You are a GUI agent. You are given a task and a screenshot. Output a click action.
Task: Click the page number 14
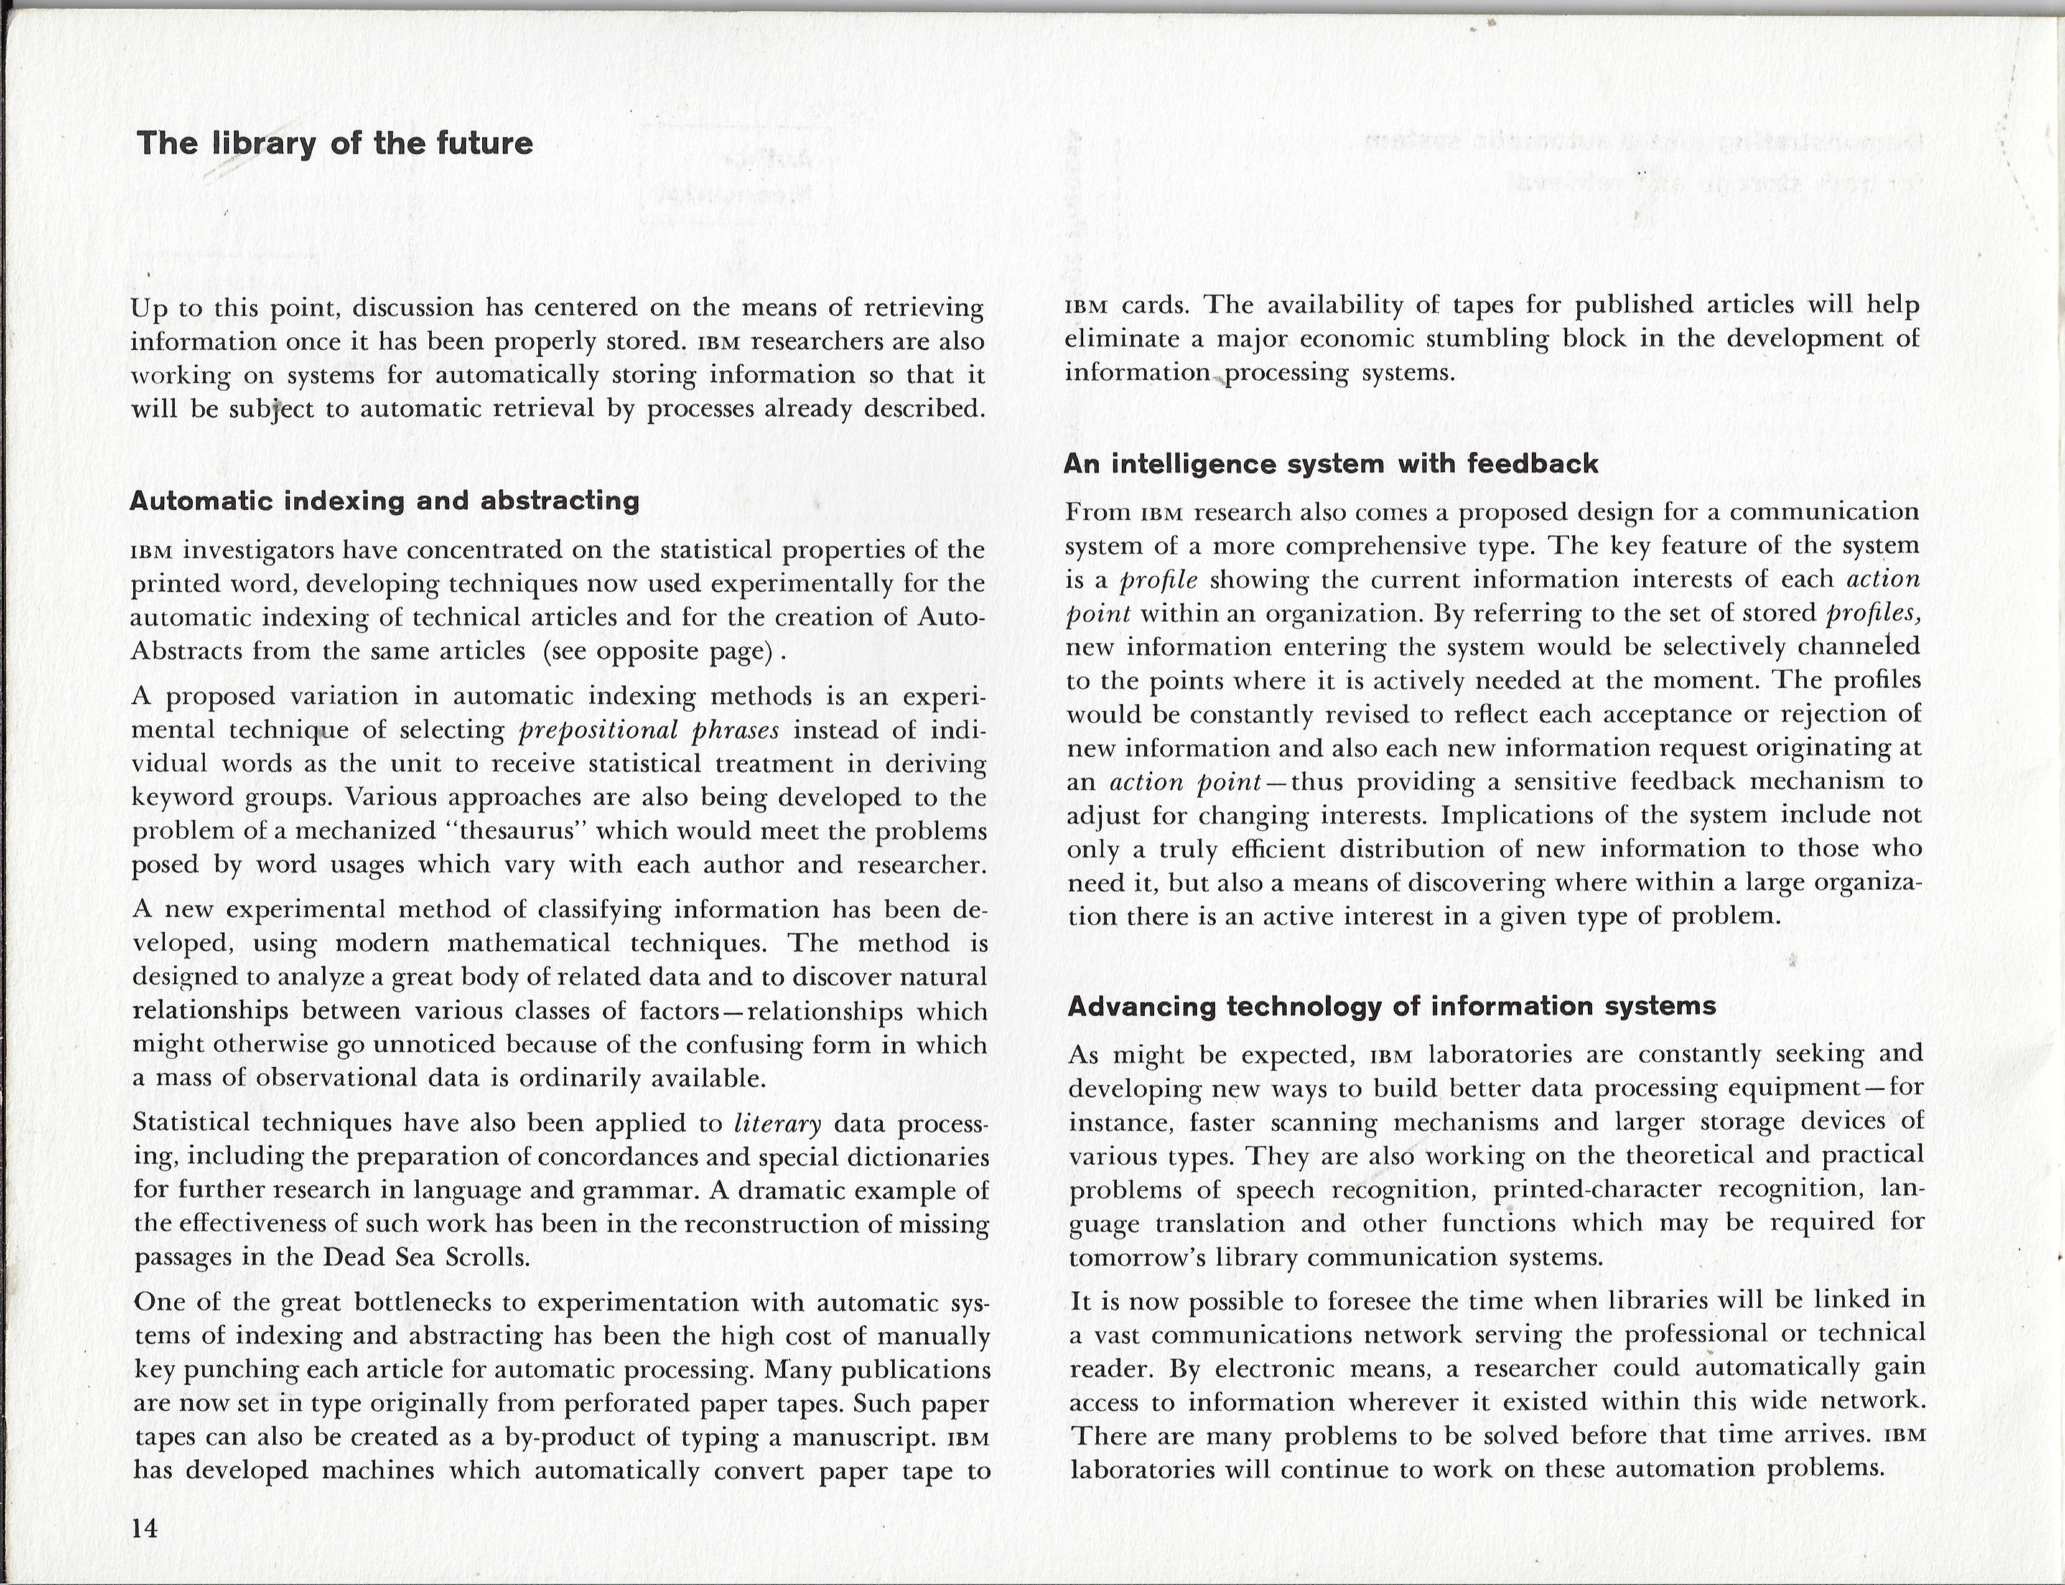145,1528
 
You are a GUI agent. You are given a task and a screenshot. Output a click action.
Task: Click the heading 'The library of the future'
335,143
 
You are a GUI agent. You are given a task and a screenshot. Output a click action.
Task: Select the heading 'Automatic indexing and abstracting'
384,500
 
